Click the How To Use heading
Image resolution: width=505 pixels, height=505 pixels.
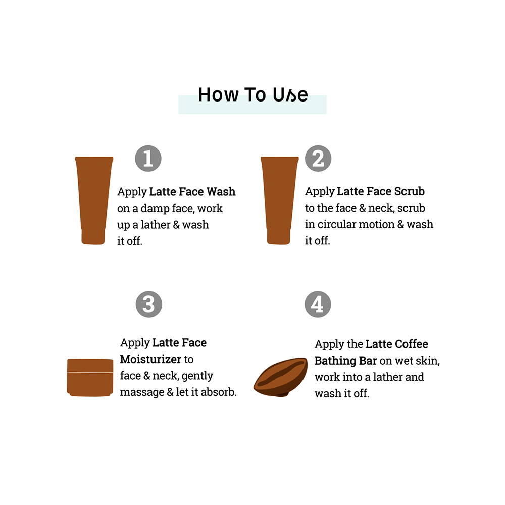(x=252, y=95)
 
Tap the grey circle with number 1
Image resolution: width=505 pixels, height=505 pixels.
(x=148, y=159)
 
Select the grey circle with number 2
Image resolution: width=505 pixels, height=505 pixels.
(x=318, y=159)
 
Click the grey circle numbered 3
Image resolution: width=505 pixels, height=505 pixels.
(x=148, y=304)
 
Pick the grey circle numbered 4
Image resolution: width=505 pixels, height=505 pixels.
(x=318, y=304)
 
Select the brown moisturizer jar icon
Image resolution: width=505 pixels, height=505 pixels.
(x=90, y=377)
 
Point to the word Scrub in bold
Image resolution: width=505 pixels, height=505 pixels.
(x=410, y=192)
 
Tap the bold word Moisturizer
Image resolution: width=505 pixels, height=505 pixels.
(x=150, y=360)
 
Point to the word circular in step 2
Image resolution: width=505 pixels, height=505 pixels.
(x=336, y=224)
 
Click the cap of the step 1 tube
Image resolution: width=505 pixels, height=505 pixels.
(x=93, y=237)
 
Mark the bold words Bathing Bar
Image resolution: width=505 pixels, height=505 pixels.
(x=345, y=361)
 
